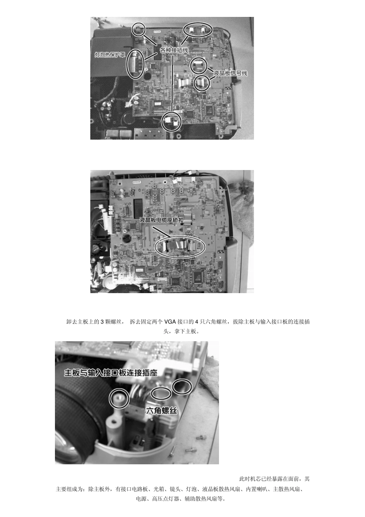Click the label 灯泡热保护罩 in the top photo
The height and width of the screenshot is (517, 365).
(x=110, y=55)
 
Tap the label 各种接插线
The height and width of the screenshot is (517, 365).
(x=174, y=50)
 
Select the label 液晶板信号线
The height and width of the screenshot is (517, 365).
(x=231, y=73)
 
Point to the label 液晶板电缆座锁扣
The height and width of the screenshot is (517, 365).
(x=161, y=220)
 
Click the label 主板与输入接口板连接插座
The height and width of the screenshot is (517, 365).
(x=111, y=373)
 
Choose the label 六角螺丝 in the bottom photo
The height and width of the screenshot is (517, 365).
(x=162, y=410)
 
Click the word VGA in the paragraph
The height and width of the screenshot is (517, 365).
(x=170, y=322)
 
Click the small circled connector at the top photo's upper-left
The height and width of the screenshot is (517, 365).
(x=138, y=23)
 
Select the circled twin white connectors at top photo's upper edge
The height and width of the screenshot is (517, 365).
(x=197, y=23)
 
